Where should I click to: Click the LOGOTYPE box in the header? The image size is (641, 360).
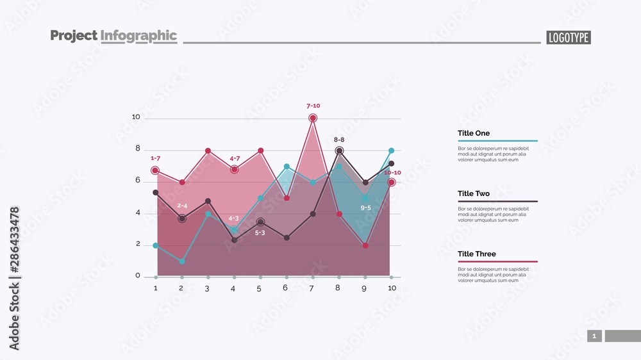(569, 38)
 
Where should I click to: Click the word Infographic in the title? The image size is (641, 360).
(138, 36)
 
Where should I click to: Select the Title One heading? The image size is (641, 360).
(474, 133)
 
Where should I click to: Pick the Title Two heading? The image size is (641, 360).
(474, 193)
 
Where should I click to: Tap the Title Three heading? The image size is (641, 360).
(476, 254)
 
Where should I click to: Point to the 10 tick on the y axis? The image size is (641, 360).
(136, 117)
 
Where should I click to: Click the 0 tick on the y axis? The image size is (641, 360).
(138, 276)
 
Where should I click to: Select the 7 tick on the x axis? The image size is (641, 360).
(312, 288)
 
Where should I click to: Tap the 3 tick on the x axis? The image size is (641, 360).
(207, 289)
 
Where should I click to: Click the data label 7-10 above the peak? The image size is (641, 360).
(313, 106)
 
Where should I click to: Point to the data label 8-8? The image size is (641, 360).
(339, 140)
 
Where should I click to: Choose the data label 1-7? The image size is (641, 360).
(155, 158)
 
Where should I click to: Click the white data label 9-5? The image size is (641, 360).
(365, 208)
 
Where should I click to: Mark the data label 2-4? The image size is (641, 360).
(182, 206)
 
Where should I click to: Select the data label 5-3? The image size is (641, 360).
(260, 233)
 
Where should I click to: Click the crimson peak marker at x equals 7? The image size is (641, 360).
(313, 118)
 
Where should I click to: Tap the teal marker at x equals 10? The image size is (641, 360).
(391, 151)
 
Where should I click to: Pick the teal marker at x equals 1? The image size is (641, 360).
(156, 245)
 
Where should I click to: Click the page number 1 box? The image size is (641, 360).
(594, 336)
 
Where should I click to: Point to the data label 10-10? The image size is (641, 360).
(392, 172)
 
